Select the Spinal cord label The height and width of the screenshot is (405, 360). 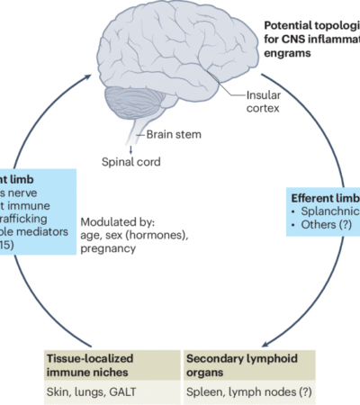tap(131, 164)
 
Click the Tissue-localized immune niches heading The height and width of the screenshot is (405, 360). tap(95, 364)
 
